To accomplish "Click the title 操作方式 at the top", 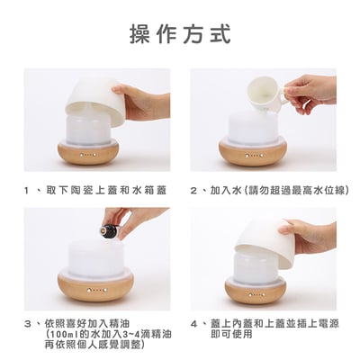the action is click(x=181, y=34).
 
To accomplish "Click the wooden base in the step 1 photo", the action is click(x=89, y=154).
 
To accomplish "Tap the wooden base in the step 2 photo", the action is click(x=253, y=154).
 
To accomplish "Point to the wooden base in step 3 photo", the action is click(x=96, y=290).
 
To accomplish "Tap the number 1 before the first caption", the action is click(x=28, y=191).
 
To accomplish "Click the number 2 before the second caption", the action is click(x=193, y=191).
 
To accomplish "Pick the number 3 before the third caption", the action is click(x=28, y=324).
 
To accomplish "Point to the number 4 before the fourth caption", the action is click(x=194, y=324).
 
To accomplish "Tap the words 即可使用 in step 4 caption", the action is click(x=231, y=335).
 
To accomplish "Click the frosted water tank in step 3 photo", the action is click(x=96, y=258).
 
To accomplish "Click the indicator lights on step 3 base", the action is click(x=96, y=291).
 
